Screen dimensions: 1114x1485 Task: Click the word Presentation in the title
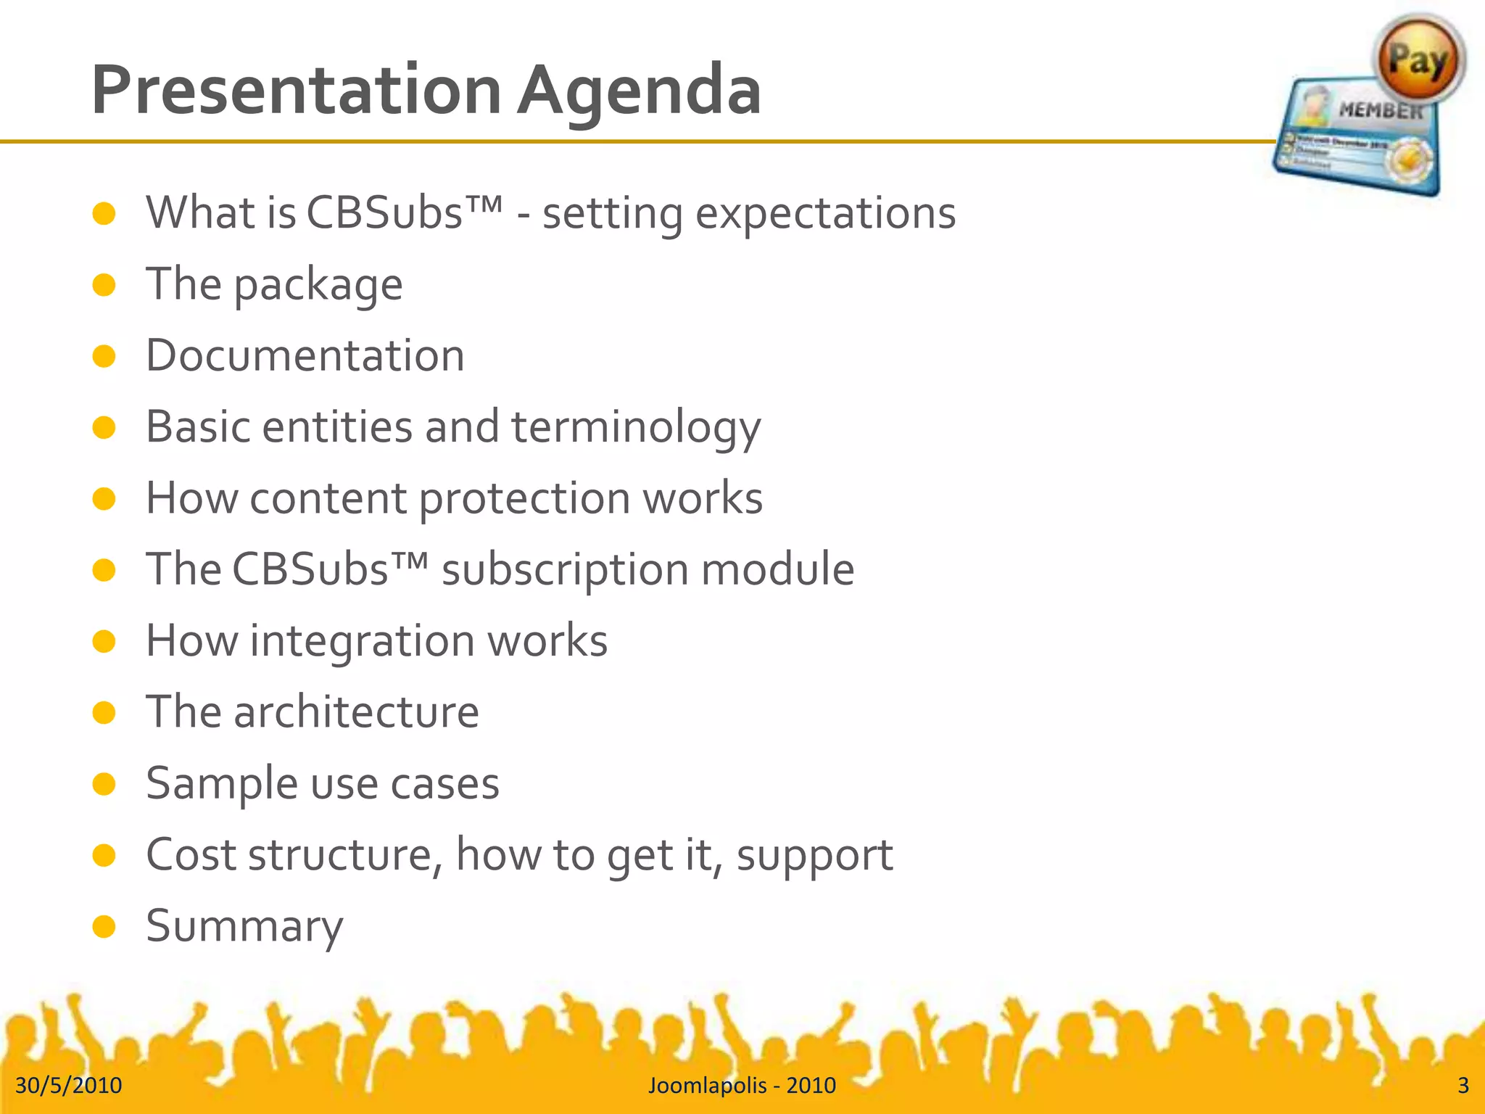pyautogui.click(x=296, y=91)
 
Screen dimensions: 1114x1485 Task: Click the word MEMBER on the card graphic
pyautogui.click(x=1381, y=111)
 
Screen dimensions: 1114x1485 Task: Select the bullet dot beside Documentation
pyautogui.click(x=104, y=356)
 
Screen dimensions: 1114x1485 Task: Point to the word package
pyautogui.click(x=318, y=285)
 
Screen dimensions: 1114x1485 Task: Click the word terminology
pyautogui.click(x=636, y=427)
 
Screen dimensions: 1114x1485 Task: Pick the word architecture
pyautogui.click(x=356, y=712)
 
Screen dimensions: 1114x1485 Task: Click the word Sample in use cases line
pyautogui.click(x=222, y=784)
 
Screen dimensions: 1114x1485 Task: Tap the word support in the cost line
pyautogui.click(x=814, y=855)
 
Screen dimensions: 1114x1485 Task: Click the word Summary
pyautogui.click(x=244, y=926)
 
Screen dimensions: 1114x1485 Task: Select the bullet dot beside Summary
pyautogui.click(x=104, y=926)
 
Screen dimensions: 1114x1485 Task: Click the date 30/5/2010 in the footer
pyautogui.click(x=69, y=1085)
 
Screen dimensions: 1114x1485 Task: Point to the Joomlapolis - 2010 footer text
pyautogui.click(x=742, y=1085)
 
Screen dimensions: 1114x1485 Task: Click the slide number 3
pyautogui.click(x=1463, y=1085)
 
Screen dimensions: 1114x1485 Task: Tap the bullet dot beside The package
pyautogui.click(x=104, y=285)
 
